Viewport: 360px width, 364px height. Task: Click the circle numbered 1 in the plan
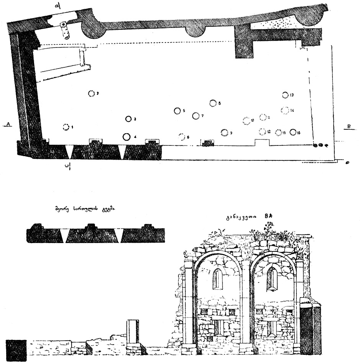pyautogui.click(x=66, y=127)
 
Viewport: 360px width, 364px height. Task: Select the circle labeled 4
pyautogui.click(x=127, y=137)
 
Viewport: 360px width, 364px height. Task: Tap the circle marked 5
pyautogui.click(x=177, y=111)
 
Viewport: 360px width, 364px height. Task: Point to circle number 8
pyautogui.click(x=213, y=103)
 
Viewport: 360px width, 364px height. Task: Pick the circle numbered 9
pyautogui.click(x=224, y=133)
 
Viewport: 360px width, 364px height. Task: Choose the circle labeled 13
pyautogui.click(x=285, y=95)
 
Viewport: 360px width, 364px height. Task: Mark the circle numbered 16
pyautogui.click(x=293, y=132)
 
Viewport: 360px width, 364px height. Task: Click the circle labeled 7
pyautogui.click(x=196, y=116)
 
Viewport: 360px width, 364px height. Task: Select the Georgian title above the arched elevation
pyautogui.click(x=247, y=216)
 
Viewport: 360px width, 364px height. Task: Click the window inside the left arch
pyautogui.click(x=217, y=279)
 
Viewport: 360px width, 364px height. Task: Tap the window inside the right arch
pyautogui.click(x=272, y=278)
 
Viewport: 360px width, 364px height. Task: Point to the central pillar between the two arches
pyautogui.click(x=245, y=306)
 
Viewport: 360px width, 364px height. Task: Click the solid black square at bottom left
pyautogui.click(x=16, y=350)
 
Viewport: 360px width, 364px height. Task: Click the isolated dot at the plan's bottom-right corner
pyautogui.click(x=347, y=162)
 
